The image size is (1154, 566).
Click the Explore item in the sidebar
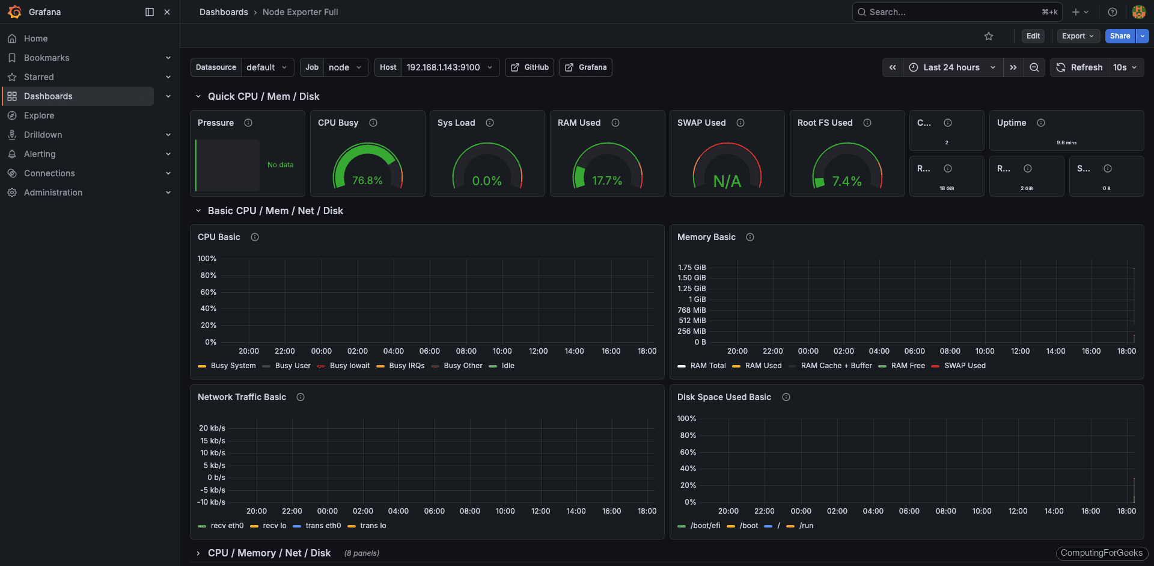[x=39, y=115]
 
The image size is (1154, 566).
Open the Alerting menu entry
[x=40, y=154]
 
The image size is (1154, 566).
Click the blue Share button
[x=1120, y=36]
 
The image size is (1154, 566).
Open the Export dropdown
[x=1078, y=36]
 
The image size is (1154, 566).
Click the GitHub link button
[x=530, y=67]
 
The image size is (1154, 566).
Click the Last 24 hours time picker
[x=951, y=67]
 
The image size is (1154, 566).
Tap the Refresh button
[x=1079, y=67]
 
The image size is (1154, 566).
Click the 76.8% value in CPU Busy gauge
[x=367, y=180]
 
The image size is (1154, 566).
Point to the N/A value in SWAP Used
[x=727, y=181]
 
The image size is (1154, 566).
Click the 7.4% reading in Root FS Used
[x=846, y=181]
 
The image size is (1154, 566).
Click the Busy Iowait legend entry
[x=349, y=366]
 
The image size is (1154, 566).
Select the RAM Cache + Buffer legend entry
[x=835, y=366]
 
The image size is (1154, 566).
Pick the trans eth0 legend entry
[x=323, y=526]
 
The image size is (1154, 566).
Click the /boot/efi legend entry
[x=704, y=526]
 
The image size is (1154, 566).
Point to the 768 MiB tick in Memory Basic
[x=692, y=310]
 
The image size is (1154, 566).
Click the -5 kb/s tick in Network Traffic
[x=213, y=490]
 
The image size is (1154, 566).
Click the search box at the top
[x=956, y=12]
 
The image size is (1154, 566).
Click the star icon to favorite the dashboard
[x=989, y=36]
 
